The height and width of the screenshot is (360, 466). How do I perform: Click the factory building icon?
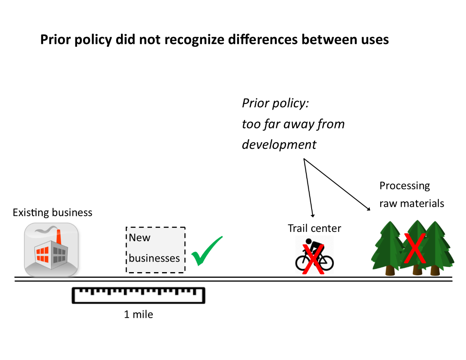pyautogui.click(x=51, y=250)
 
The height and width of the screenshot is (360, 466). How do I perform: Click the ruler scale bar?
pyautogui.click(x=138, y=295)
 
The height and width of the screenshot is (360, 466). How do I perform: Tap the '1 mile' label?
pyautogui.click(x=138, y=314)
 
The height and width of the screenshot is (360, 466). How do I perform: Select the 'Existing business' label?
pyautogui.click(x=52, y=212)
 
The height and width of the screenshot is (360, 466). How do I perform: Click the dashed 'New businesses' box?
pyautogui.click(x=156, y=250)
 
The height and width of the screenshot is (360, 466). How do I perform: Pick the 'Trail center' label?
pyautogui.click(x=314, y=228)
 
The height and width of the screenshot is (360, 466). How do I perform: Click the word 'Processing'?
pyautogui.click(x=404, y=186)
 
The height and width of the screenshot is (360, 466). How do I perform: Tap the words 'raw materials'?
pyautogui.click(x=412, y=203)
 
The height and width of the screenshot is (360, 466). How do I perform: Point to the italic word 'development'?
pyautogui.click(x=279, y=144)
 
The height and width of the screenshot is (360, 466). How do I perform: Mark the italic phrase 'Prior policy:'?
pyautogui.click(x=275, y=103)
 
